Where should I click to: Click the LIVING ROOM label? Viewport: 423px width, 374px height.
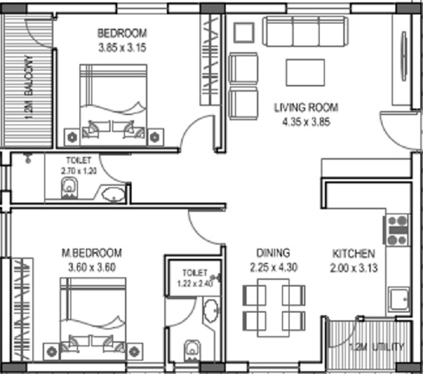tap(306, 107)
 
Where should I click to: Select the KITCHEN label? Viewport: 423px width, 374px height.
tap(354, 253)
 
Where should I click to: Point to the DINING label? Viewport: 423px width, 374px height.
tap(273, 253)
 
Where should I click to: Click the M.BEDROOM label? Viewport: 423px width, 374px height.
tap(91, 252)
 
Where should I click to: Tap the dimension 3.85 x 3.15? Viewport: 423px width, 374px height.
tap(122, 47)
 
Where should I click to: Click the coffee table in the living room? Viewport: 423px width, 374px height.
tap(305, 72)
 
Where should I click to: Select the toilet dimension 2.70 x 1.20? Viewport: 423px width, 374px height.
tap(79, 170)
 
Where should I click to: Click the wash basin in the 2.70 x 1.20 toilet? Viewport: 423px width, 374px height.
tap(113, 194)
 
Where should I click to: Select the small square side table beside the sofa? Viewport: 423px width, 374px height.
tap(244, 33)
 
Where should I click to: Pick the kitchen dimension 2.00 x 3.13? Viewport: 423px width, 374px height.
tap(354, 267)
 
